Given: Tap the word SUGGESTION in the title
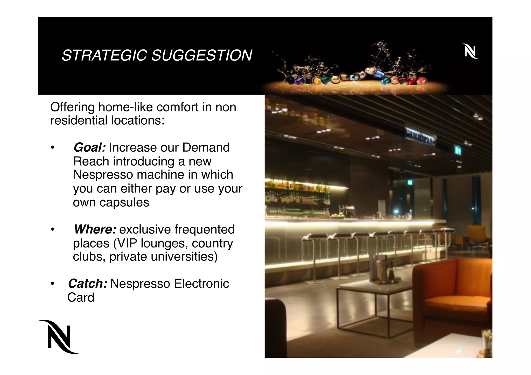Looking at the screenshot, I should coord(201,55).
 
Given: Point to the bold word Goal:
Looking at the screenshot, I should coord(89,148).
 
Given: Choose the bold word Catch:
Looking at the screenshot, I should coord(87,284).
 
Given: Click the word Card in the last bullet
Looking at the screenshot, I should coord(81,298).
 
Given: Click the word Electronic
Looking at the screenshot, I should coord(201,284).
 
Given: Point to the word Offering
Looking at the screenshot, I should coord(72,107).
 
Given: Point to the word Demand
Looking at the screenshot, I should coord(206,148).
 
